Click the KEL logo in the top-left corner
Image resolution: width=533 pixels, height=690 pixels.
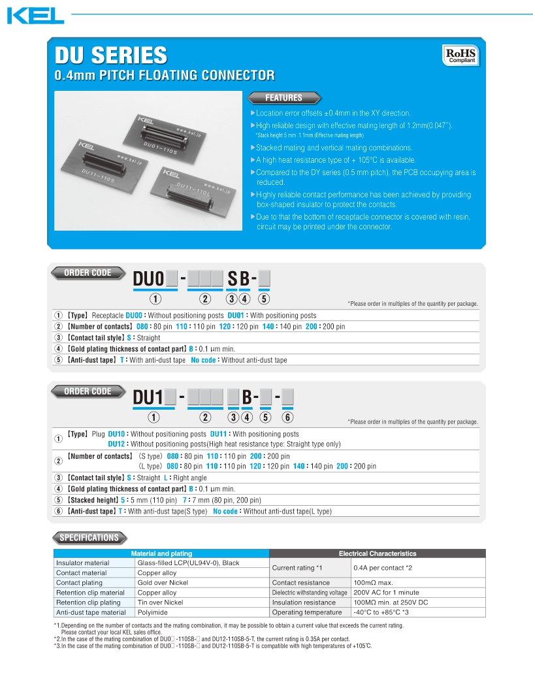[35, 15]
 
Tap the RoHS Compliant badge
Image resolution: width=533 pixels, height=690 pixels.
[461, 55]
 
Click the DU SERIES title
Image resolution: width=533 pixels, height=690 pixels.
[110, 55]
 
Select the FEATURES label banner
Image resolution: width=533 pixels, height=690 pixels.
[283, 98]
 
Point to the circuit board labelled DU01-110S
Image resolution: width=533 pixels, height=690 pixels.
[166, 140]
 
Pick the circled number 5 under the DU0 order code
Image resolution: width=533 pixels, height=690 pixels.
[264, 300]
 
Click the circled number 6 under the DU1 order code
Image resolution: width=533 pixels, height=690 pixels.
[288, 418]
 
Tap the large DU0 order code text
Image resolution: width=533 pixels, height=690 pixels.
[148, 279]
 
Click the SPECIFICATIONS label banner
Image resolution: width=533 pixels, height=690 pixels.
[89, 538]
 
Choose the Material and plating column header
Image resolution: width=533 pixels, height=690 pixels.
[161, 553]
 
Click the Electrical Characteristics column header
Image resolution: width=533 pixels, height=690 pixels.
[378, 553]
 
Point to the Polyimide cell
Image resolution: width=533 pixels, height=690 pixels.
[152, 612]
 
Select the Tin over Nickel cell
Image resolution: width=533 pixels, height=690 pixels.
[160, 602]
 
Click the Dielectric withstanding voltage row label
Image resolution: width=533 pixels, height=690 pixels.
[310, 593]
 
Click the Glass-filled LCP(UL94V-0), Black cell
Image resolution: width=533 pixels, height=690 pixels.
[188, 563]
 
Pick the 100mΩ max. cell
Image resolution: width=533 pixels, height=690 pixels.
[374, 583]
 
